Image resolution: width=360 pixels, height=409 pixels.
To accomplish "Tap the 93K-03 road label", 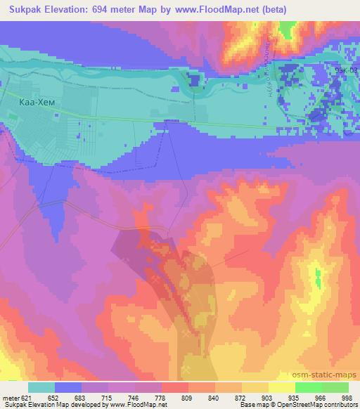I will pyautogui.click(x=345, y=70).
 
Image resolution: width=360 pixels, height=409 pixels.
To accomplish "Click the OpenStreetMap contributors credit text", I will pyautogui.click(x=323, y=405).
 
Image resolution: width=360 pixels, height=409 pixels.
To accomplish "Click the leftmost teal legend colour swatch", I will pyautogui.click(x=41, y=388).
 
